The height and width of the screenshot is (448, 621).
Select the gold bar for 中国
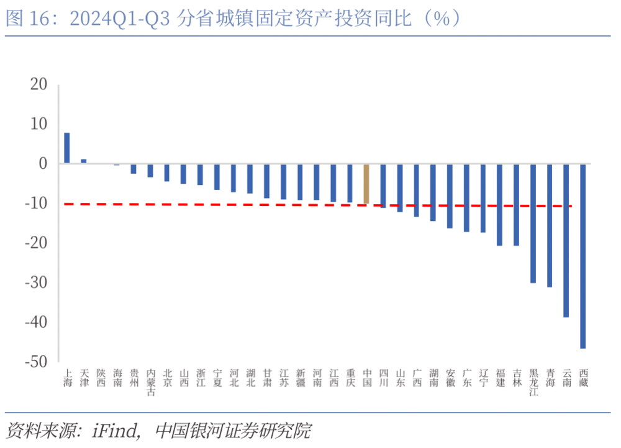[366, 184]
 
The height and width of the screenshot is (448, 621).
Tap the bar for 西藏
[582, 256]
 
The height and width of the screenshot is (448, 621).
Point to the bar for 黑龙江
[533, 223]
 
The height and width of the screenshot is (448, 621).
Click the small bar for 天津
[84, 161]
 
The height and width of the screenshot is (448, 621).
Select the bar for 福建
[499, 205]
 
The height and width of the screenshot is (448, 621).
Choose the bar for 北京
[167, 172]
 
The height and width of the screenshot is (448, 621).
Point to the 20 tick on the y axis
[39, 84]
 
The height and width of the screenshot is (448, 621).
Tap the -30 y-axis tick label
[36, 283]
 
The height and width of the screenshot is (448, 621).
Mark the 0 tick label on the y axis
[43, 164]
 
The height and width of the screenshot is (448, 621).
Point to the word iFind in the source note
[115, 430]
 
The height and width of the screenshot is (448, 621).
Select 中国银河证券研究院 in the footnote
[233, 430]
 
